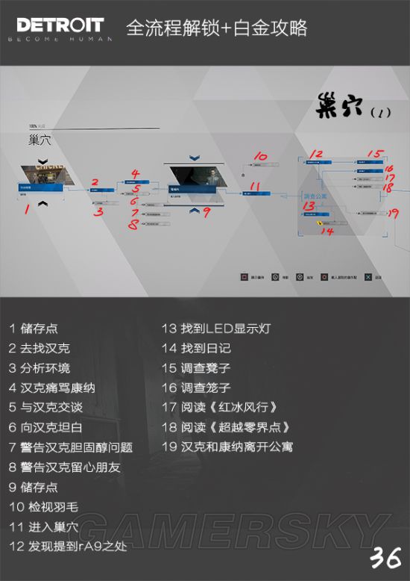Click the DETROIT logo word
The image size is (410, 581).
[60, 25]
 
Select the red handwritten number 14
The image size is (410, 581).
[326, 231]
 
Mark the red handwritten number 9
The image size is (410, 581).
[206, 212]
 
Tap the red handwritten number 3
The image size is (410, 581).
[98, 211]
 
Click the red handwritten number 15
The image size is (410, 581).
[374, 155]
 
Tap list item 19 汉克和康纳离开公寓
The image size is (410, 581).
[227, 447]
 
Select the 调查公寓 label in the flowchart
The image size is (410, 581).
[315, 196]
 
